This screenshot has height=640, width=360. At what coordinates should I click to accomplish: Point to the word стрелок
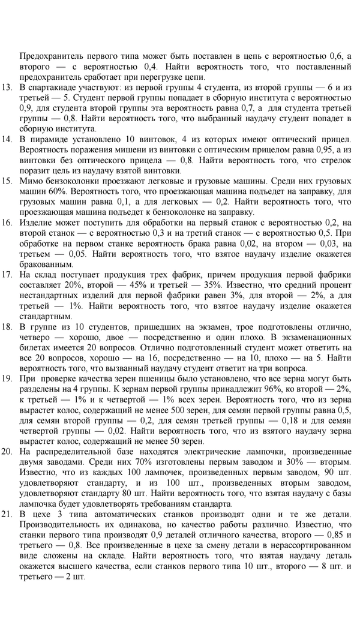tap(337, 160)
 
